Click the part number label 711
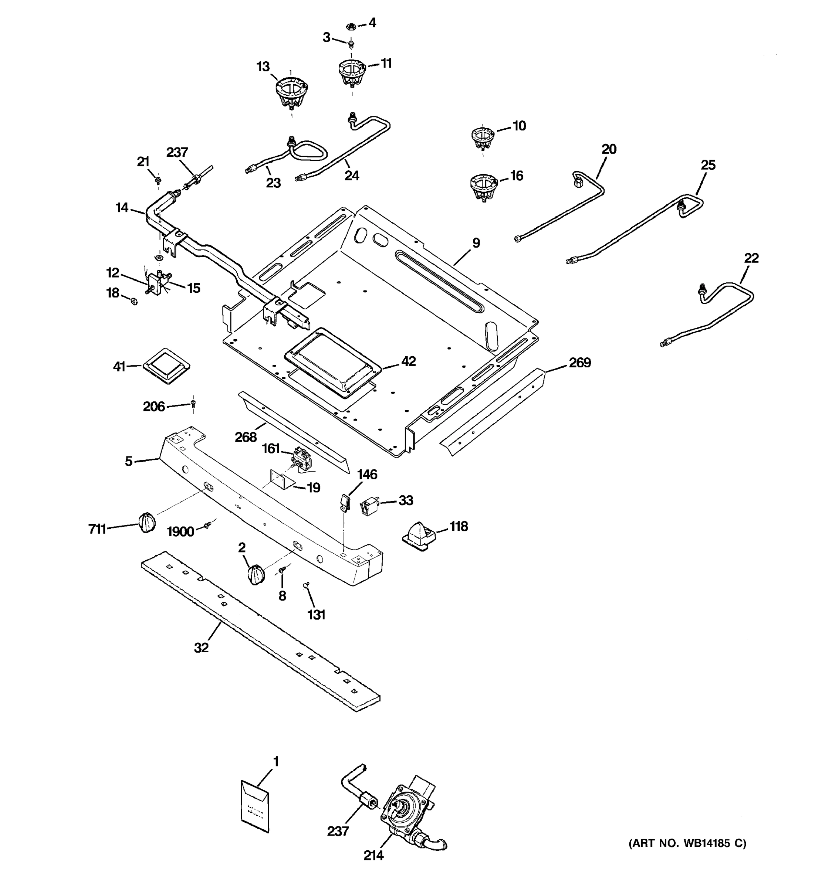97,529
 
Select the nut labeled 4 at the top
351,26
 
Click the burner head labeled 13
291,91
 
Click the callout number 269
579,363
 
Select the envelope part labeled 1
255,806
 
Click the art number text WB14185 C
687,843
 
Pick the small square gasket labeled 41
166,366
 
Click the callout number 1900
180,531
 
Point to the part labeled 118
419,533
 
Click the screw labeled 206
193,404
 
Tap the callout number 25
708,165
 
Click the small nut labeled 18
134,301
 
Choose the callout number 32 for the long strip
201,648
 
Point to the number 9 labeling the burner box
476,243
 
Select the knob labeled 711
147,522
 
